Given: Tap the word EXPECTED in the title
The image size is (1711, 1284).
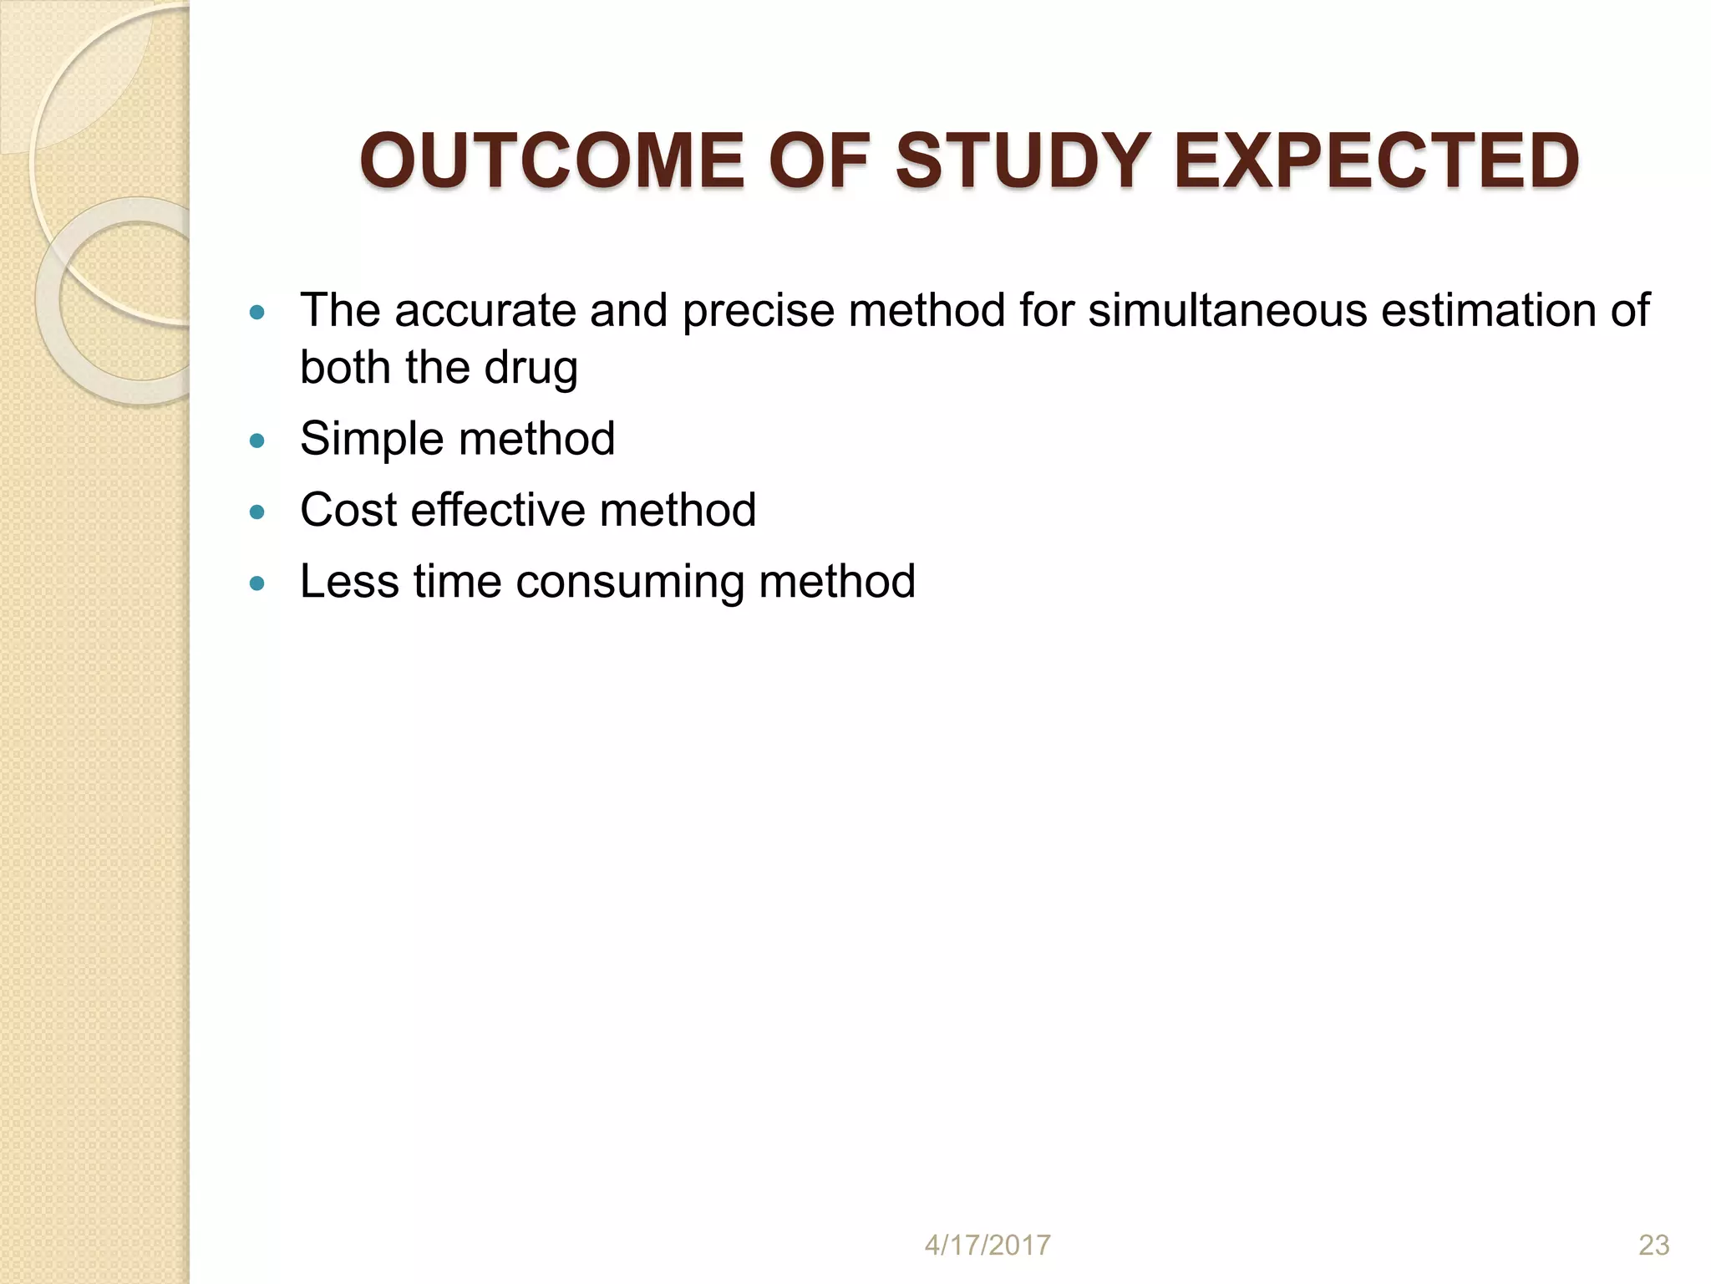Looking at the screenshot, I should coord(1376,160).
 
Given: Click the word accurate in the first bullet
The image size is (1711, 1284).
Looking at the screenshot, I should coord(484,311).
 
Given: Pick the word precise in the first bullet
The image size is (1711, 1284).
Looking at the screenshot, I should coord(758,311).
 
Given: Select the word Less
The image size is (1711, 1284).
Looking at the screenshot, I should coord(349,582).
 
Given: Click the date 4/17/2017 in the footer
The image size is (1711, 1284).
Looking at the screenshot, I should coord(987,1245).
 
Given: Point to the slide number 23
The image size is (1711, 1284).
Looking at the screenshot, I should coord(1653,1245).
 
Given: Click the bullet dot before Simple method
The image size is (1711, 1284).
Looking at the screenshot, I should coord(257,441).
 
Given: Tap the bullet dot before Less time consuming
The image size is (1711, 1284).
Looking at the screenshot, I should coord(257,583).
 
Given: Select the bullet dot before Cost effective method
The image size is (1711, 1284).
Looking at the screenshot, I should coord(257,512).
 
